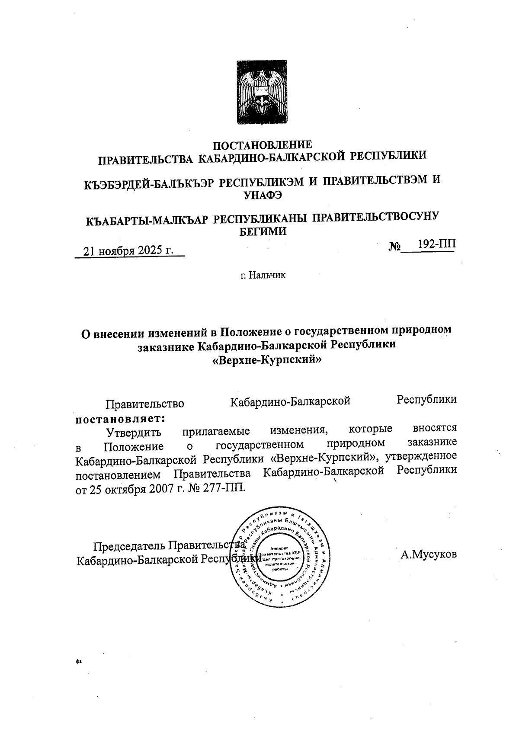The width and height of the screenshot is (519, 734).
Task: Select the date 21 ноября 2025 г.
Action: coord(128,251)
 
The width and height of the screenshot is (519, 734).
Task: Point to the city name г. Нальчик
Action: coord(263,275)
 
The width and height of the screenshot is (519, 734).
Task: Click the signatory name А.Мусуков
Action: coord(428,555)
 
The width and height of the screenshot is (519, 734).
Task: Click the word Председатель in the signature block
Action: coord(130,546)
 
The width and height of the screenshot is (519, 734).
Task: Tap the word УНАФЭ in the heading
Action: coord(263,195)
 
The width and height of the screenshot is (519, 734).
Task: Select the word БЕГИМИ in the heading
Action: coord(263,231)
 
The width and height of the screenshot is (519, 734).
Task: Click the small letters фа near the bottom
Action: coord(78,661)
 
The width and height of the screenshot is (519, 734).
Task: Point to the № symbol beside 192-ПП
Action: coord(394,247)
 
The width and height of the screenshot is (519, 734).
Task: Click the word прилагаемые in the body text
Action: coord(215,431)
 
